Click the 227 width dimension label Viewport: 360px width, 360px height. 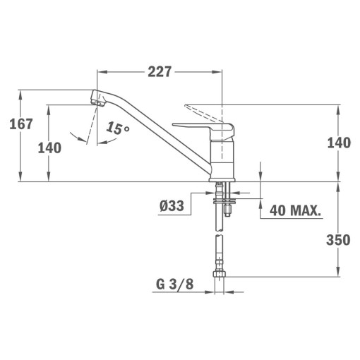[160, 72]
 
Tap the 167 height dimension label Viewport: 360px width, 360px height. [21, 124]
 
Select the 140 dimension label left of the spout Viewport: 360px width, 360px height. [49, 148]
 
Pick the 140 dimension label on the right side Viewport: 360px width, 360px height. [339, 143]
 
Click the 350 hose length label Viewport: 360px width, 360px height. [338, 240]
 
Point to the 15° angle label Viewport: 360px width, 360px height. [118, 128]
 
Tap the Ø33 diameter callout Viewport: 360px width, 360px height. [172, 205]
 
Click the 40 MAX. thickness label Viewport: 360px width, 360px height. [295, 210]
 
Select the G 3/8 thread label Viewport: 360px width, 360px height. [174, 284]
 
